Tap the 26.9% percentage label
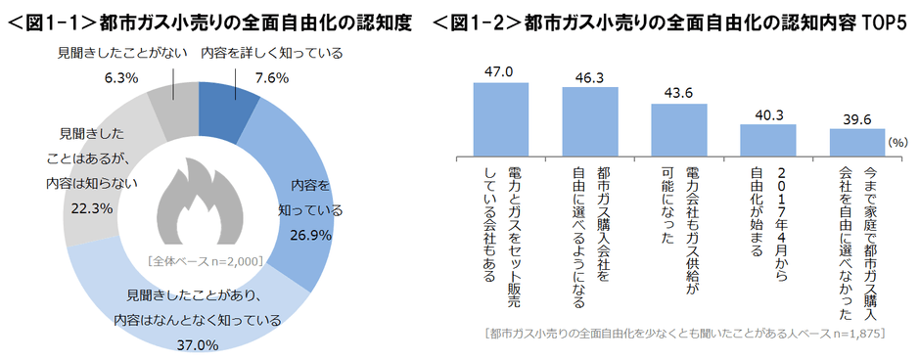coord(311,235)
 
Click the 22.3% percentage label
coord(85,208)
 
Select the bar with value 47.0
coord(501,116)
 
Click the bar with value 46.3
coord(590,118)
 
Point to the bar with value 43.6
coord(679,124)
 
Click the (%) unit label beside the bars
coord(896,143)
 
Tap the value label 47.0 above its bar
coord(501,69)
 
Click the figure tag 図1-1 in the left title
coord(49,19)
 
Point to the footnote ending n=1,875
coord(685,334)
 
